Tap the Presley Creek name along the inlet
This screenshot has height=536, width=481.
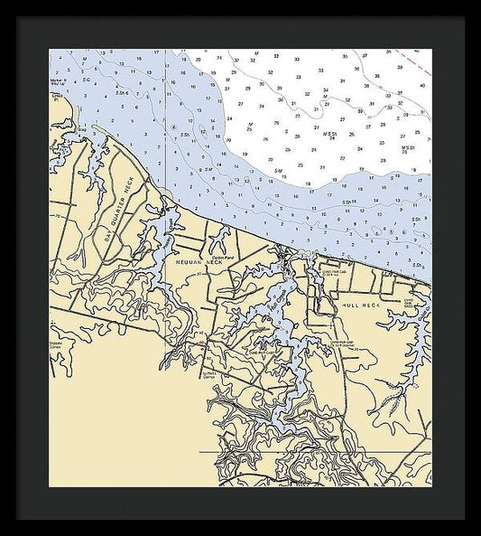[167, 222]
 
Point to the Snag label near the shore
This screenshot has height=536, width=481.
[80, 130]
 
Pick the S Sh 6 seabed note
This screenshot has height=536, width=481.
[121, 93]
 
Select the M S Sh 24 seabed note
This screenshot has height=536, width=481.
[330, 136]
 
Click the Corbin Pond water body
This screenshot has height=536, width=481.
[218, 240]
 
